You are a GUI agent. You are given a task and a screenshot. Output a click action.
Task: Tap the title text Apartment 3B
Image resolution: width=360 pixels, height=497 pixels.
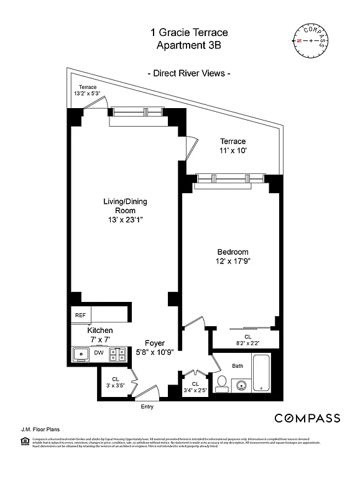[x=189, y=45]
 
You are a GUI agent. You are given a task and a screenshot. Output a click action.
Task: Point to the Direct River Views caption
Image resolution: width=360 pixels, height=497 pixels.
[x=189, y=73]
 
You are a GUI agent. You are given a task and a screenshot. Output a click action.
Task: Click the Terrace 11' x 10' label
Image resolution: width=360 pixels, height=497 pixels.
[x=232, y=146]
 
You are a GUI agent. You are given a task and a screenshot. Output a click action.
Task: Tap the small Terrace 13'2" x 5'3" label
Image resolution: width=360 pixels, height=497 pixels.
[x=88, y=90]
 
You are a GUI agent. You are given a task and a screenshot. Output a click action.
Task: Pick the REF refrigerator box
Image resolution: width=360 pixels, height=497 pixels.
[x=81, y=316]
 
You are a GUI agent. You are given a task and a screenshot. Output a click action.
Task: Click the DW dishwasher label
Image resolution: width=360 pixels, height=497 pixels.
[x=98, y=353]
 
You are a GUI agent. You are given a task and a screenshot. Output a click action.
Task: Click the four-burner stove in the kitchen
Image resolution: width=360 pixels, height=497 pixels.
[x=117, y=354]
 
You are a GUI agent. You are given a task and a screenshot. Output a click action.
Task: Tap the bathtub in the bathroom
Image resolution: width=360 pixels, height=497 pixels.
[x=262, y=373]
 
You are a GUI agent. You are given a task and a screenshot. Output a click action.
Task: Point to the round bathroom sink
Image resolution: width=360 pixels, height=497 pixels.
[x=241, y=385]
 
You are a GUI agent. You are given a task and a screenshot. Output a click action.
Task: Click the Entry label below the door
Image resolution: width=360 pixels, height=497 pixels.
[x=147, y=407]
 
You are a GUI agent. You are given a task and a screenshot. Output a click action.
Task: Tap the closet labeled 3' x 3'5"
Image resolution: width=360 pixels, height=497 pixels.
[x=116, y=382]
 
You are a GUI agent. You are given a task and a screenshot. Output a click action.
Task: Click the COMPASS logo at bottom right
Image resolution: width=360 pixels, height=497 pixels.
[x=307, y=418]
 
